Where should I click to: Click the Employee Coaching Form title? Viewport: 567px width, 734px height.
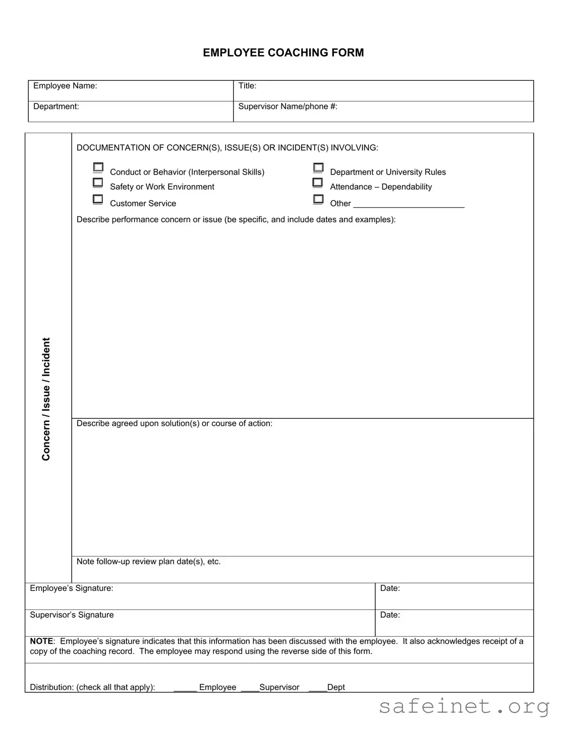click(x=283, y=53)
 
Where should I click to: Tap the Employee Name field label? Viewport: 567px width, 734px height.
click(x=65, y=86)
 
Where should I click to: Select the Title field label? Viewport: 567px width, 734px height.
click(x=247, y=86)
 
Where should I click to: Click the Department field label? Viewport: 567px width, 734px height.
click(x=56, y=106)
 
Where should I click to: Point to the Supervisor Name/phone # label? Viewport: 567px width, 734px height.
click(x=288, y=106)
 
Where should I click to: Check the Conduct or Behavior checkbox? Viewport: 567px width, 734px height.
click(x=98, y=167)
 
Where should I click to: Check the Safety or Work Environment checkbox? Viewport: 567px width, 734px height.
click(x=98, y=183)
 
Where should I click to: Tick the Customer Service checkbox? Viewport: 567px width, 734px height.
click(x=98, y=199)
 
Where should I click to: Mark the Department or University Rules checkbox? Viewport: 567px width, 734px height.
click(x=318, y=167)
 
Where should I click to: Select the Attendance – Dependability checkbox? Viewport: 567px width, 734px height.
click(x=318, y=183)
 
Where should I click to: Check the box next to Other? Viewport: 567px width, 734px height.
click(x=318, y=199)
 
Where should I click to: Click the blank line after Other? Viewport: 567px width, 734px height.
click(x=409, y=204)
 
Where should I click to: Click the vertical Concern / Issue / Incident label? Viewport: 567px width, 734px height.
click(x=46, y=399)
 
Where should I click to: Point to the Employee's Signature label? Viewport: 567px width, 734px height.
click(x=72, y=588)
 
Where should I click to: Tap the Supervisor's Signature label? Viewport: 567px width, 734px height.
click(x=72, y=615)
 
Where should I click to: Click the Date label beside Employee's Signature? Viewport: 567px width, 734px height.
click(x=390, y=588)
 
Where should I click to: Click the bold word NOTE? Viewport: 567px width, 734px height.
click(x=41, y=641)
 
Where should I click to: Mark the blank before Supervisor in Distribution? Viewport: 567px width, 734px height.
click(x=250, y=688)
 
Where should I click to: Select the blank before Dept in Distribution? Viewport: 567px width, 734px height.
click(x=317, y=688)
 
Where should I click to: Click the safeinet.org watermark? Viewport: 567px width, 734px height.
click(x=464, y=706)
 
